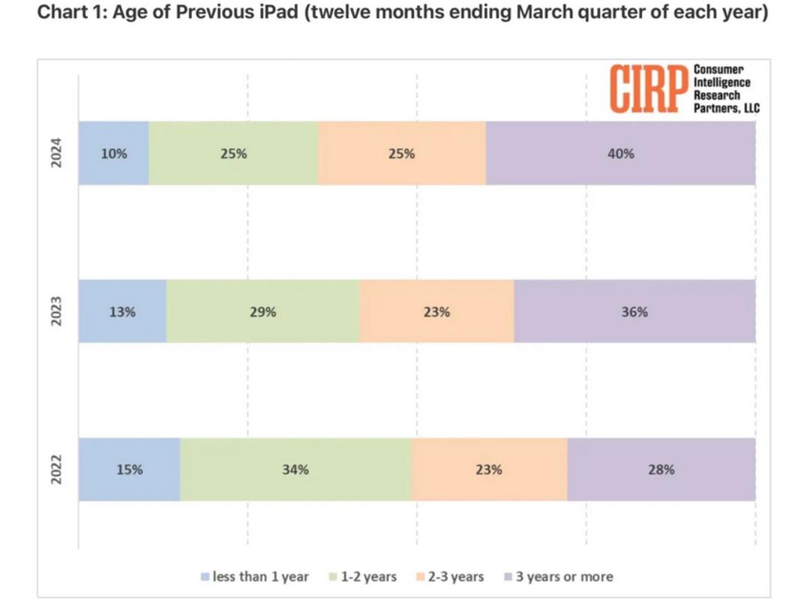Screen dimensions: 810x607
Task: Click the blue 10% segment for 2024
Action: (x=114, y=153)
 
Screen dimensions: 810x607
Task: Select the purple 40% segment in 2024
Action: (x=620, y=153)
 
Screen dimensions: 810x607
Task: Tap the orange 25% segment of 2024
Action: (x=402, y=153)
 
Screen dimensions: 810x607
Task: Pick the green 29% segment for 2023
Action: (x=262, y=311)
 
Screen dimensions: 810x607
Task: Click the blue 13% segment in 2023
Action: (x=122, y=311)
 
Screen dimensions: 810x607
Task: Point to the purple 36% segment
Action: (x=635, y=311)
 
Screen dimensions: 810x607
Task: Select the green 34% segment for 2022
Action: (x=296, y=469)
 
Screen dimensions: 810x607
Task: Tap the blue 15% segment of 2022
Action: (x=129, y=469)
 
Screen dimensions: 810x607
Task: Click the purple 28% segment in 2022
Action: (x=661, y=469)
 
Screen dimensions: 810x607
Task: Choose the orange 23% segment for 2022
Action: (x=490, y=469)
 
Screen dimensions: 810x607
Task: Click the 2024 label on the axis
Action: (x=55, y=153)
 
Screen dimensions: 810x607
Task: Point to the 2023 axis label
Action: (x=55, y=311)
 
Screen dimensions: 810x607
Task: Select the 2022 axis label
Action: (x=55, y=469)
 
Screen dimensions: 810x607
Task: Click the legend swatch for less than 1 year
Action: (x=205, y=576)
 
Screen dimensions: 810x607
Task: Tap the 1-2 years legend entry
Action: (x=363, y=576)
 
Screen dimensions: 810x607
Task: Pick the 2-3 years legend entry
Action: (x=450, y=576)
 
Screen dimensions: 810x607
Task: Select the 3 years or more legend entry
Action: (x=559, y=576)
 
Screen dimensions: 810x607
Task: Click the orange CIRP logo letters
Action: (x=649, y=89)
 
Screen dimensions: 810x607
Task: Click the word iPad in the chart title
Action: (x=277, y=11)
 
